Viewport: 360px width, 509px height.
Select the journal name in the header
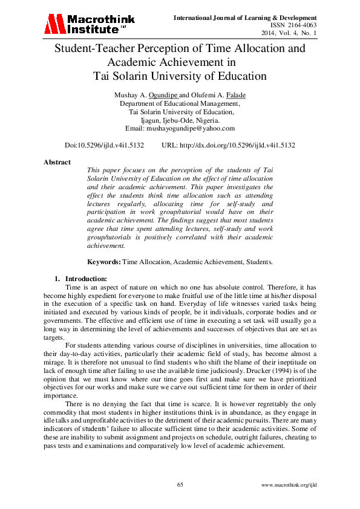[x=245, y=18]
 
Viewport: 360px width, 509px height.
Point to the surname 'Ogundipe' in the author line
[x=163, y=96]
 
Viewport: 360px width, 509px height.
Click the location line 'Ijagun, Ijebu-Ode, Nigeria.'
[x=180, y=120]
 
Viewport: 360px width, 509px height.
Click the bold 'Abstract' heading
[x=57, y=162]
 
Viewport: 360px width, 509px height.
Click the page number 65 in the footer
[x=180, y=485]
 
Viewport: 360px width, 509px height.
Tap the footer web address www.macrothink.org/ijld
[x=289, y=485]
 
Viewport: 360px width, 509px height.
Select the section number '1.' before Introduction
[x=57, y=279]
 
